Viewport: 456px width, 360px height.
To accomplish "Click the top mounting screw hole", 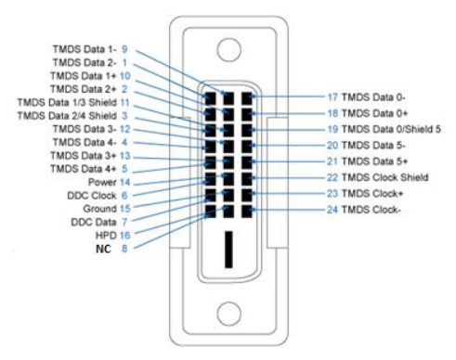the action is [228, 50].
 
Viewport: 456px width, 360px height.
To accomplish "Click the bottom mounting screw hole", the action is [229, 314].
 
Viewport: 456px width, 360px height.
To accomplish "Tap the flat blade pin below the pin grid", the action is [228, 250].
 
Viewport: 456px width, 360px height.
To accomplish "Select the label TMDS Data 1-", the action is [85, 49].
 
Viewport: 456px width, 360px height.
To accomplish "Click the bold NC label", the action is [103, 249].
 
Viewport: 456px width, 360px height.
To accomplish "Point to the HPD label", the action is [106, 236].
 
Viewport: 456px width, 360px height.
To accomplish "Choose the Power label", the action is [102, 183].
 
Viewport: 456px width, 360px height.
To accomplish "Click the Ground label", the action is [99, 209].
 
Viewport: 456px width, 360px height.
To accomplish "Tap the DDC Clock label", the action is [92, 196].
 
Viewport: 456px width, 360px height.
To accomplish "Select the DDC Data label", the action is [94, 223].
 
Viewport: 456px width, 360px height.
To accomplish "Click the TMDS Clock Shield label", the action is [384, 177].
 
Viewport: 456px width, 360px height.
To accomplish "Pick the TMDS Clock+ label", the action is [372, 194].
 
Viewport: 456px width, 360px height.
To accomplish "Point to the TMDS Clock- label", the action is [371, 210].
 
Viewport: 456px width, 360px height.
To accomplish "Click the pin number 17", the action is [332, 97].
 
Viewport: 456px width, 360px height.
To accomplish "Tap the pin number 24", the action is [332, 210].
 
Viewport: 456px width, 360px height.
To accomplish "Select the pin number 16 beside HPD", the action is [124, 236].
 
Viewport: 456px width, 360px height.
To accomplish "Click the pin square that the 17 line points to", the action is [247, 98].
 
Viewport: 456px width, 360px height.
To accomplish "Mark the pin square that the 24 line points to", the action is [247, 212].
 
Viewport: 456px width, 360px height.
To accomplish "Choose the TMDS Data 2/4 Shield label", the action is [67, 116].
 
